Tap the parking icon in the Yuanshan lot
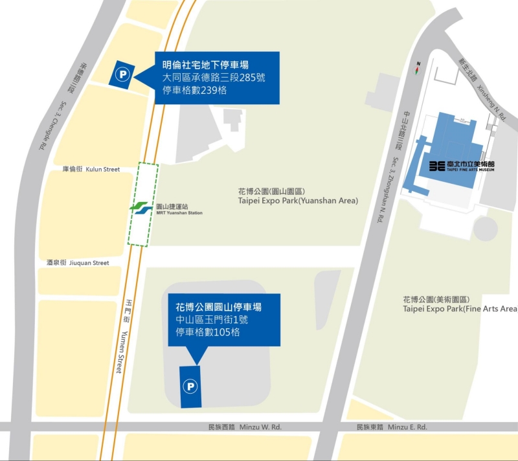pyautogui.click(x=190, y=387)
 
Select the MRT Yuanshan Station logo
pyautogui.click(x=141, y=208)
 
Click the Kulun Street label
pyautogui.click(x=91, y=170)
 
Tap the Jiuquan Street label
pyautogui.click(x=78, y=263)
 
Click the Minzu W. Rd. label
pyautogui.click(x=245, y=427)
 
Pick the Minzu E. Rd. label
pyautogui.click(x=392, y=427)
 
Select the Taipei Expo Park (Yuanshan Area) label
pyautogui.click(x=298, y=196)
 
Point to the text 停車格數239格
pyautogui.click(x=194, y=91)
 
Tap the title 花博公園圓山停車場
pyautogui.click(x=219, y=306)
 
